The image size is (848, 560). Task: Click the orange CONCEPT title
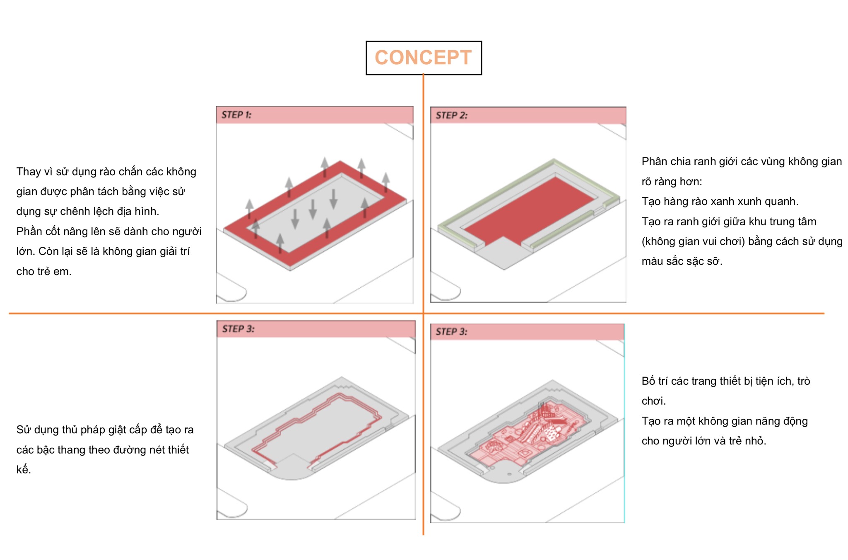coord(423,58)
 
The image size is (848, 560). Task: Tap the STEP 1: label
coord(236,115)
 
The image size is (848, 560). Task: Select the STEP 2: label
coord(451,116)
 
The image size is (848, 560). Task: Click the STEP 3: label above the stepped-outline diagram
coord(238,329)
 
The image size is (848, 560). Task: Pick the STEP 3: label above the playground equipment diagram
coord(451,332)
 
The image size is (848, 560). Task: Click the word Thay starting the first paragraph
coord(29,172)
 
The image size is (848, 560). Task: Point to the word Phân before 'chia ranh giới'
coord(653,162)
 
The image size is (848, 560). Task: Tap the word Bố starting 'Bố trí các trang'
coord(649,381)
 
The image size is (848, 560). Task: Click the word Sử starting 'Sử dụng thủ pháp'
coord(24,430)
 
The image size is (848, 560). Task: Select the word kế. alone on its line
coord(24,469)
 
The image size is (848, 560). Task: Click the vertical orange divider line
coord(423,304)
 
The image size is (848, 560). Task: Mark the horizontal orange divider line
coord(417,314)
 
